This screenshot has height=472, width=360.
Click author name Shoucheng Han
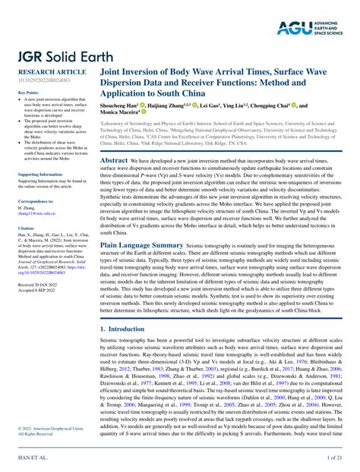click(122, 106)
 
